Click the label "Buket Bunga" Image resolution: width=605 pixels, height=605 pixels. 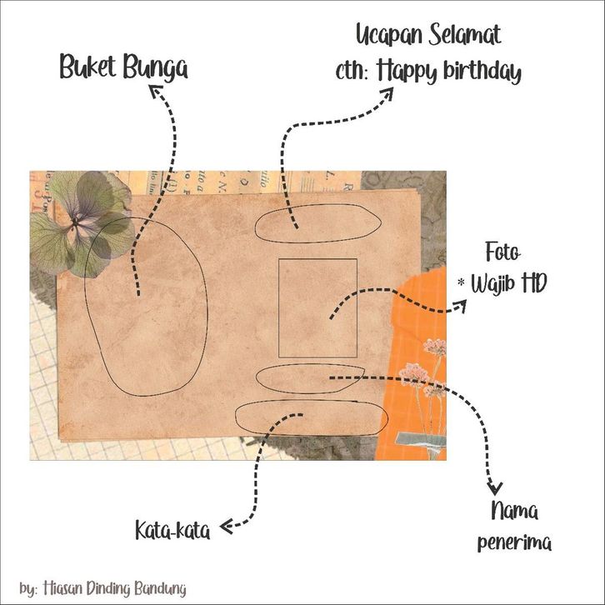coord(123,67)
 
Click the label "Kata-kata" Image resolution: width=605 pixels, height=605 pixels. coord(172,529)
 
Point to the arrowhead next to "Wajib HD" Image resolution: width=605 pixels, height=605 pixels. coord(459,308)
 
